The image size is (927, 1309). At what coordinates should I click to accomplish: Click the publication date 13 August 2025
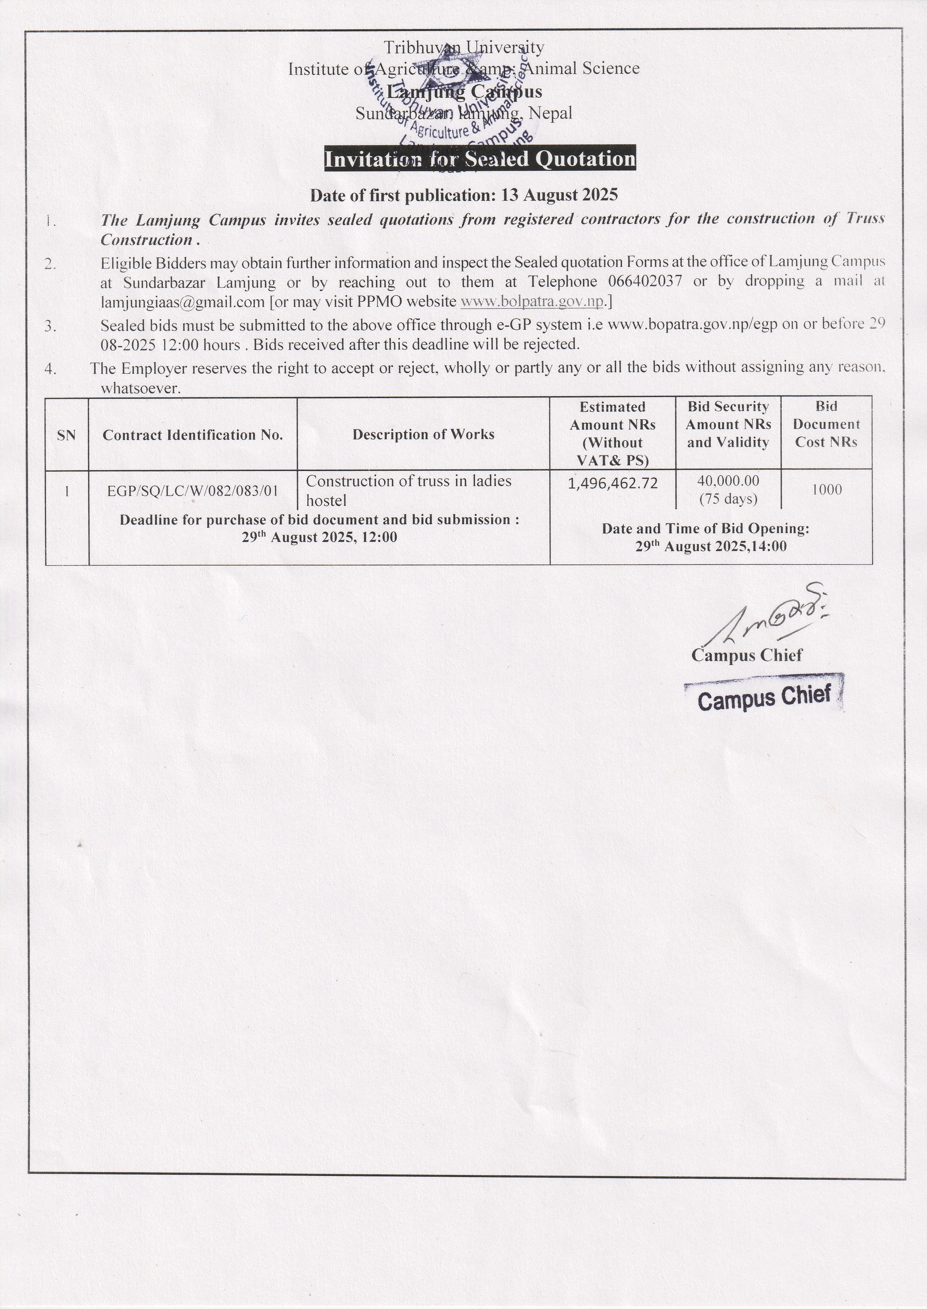point(559,195)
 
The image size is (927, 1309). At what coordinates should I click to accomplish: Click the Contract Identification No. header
point(193,435)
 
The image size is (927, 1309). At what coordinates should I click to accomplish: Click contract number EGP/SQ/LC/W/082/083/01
point(193,490)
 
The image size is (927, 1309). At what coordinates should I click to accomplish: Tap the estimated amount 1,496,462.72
point(613,484)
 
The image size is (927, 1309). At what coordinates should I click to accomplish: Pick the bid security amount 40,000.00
point(728,481)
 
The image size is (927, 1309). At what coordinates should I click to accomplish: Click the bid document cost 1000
point(827,489)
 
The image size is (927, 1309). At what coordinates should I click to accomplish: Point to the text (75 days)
point(728,499)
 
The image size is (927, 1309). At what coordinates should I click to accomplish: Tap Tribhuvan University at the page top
point(463,47)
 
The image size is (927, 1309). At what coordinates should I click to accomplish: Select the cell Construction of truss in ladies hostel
point(408,490)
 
